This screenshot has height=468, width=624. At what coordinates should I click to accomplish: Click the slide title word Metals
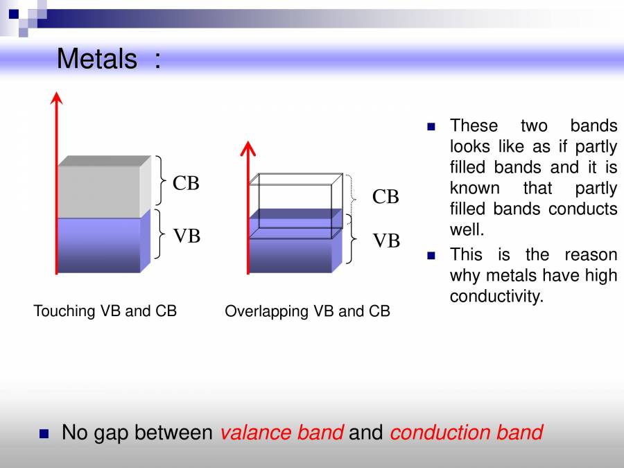(x=97, y=59)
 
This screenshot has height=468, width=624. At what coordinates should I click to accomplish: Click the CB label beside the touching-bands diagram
(x=186, y=184)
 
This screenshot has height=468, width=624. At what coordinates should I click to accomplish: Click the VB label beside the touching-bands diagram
(x=187, y=236)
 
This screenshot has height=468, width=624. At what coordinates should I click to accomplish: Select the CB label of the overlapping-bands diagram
(x=385, y=198)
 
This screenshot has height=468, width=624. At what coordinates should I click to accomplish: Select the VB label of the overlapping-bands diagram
(x=386, y=241)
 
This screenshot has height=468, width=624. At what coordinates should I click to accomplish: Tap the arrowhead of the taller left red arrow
(x=57, y=99)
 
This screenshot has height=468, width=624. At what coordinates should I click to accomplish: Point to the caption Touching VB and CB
(x=105, y=311)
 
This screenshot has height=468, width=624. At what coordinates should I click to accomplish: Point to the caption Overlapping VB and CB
(x=307, y=311)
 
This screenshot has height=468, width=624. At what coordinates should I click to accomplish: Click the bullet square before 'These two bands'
(x=431, y=127)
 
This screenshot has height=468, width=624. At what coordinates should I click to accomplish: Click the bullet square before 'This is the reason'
(x=431, y=255)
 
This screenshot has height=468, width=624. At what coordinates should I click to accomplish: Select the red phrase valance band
(x=281, y=433)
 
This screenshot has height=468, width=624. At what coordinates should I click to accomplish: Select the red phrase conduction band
(x=466, y=433)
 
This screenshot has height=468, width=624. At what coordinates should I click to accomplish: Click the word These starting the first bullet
(x=474, y=125)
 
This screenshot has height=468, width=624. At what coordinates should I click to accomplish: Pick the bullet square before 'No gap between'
(x=44, y=434)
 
